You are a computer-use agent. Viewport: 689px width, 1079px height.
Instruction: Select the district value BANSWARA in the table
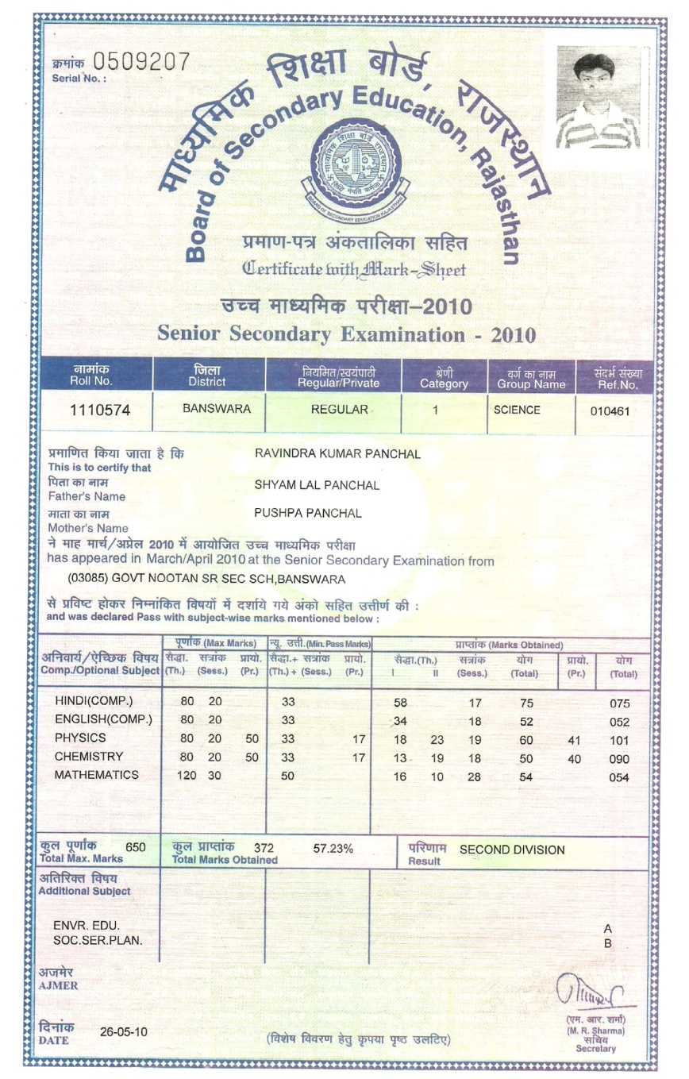click(x=217, y=410)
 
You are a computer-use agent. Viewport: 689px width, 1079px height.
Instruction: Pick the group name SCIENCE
click(x=517, y=410)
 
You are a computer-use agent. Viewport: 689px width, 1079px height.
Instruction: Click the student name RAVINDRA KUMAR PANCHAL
click(x=337, y=454)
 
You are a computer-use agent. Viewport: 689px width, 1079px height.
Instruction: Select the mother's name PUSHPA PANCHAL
click(x=308, y=514)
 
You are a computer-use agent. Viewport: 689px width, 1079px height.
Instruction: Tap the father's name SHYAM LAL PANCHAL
click(x=317, y=485)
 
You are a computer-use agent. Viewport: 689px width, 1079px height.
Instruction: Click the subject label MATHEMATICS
click(x=96, y=776)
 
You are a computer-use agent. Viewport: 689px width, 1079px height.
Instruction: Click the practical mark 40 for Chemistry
click(x=575, y=759)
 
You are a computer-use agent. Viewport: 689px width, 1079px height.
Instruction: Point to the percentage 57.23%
click(x=333, y=849)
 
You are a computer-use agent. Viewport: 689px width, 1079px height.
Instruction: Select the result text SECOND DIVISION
click(x=512, y=850)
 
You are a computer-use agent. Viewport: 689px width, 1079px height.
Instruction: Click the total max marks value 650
click(x=136, y=847)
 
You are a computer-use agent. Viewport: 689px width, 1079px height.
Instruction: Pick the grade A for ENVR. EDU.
click(x=608, y=928)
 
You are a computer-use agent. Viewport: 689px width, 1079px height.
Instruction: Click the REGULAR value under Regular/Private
click(x=340, y=410)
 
